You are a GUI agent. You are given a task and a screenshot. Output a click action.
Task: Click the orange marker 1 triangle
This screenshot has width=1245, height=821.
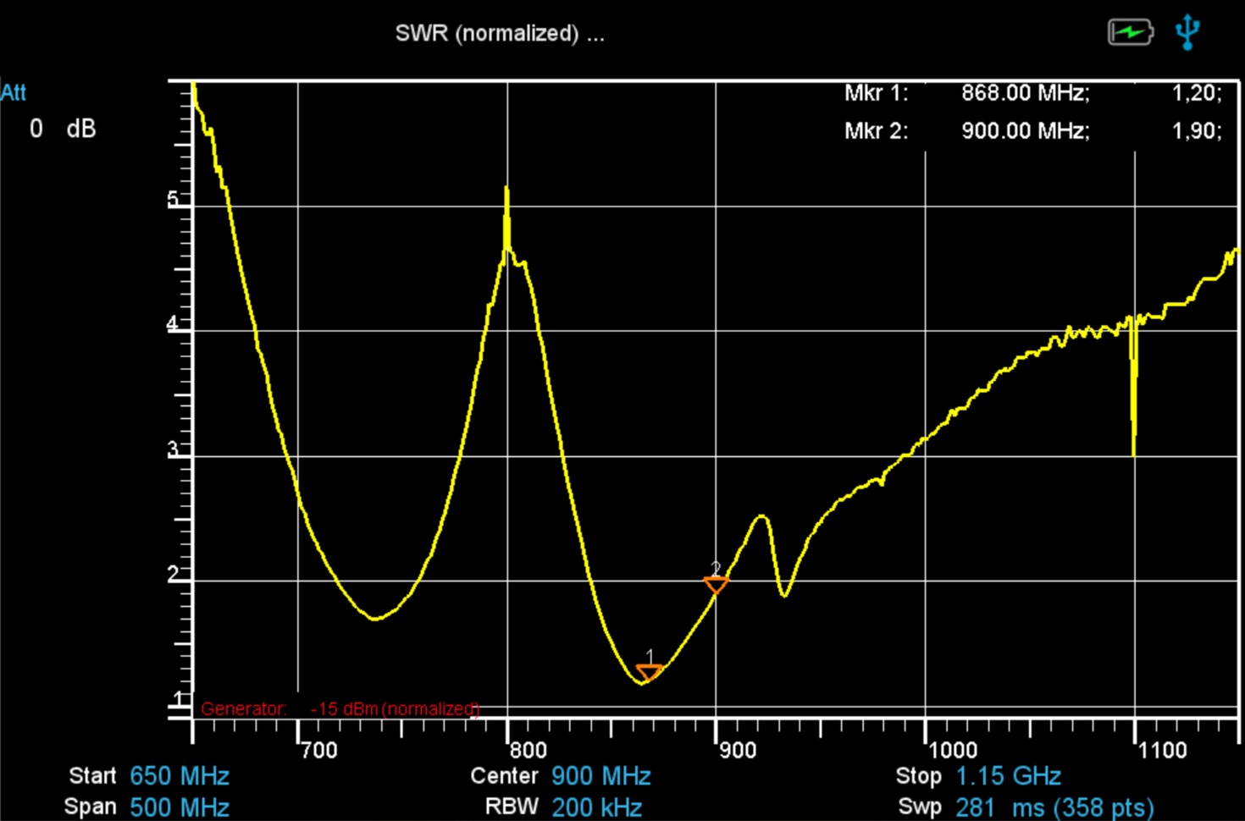tap(650, 673)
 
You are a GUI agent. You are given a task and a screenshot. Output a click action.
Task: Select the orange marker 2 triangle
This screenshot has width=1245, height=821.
tap(716, 584)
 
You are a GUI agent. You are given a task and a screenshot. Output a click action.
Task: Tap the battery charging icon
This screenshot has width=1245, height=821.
tap(1130, 32)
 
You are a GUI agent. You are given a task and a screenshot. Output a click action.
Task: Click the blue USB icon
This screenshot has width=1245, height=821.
tap(1187, 32)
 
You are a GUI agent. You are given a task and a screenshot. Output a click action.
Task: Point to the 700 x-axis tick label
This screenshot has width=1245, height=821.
tap(319, 750)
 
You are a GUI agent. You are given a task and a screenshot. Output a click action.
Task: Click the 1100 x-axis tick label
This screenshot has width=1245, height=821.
tap(1162, 750)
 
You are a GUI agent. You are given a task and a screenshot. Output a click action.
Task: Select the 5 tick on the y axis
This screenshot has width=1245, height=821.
tap(174, 200)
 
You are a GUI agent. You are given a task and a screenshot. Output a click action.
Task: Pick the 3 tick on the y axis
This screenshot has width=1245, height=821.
tap(174, 449)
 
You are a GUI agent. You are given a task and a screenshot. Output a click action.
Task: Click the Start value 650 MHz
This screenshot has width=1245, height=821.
tap(180, 776)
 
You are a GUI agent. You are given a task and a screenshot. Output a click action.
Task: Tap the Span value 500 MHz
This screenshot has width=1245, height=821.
tap(180, 807)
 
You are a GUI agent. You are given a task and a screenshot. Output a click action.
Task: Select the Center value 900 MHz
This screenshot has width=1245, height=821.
tap(600, 776)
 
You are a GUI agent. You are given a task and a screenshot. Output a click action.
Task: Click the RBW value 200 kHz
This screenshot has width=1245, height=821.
tap(597, 807)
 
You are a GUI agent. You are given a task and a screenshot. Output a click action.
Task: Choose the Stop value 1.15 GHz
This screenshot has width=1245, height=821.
tap(1008, 776)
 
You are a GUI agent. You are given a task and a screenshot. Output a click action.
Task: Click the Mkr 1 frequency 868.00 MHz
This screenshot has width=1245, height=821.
tap(1025, 93)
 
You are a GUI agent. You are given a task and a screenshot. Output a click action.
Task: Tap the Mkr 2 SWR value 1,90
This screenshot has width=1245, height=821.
tap(1197, 131)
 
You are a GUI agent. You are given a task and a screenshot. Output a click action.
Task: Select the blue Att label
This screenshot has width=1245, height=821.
tap(14, 92)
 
